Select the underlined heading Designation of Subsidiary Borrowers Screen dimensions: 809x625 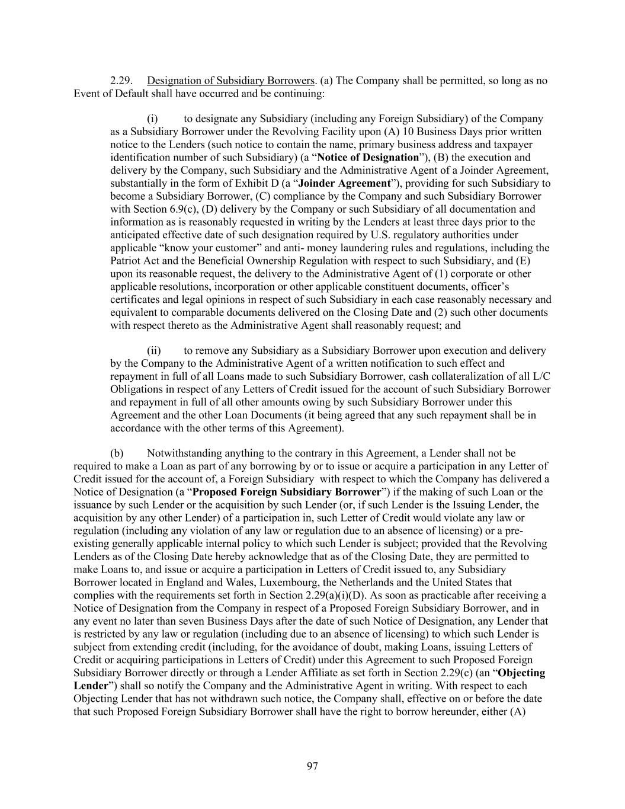click(230, 81)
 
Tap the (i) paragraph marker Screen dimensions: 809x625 click(152, 119)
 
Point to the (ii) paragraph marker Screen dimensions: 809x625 click(153, 351)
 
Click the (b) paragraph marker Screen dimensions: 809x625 click(117, 454)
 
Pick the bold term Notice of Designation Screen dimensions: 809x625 click(368, 158)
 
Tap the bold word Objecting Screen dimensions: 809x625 click(521, 673)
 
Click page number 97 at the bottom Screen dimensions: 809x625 click(312, 767)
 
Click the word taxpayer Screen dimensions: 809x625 click(513, 145)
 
